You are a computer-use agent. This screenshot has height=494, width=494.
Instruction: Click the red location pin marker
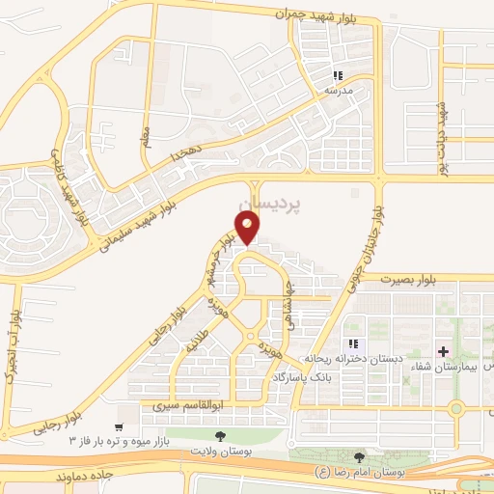click(248, 228)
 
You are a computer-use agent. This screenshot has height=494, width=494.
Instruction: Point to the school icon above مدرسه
click(338, 75)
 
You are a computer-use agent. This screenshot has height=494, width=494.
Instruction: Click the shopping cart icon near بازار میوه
click(120, 425)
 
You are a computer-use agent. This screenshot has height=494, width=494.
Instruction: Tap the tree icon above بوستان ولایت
click(220, 437)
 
